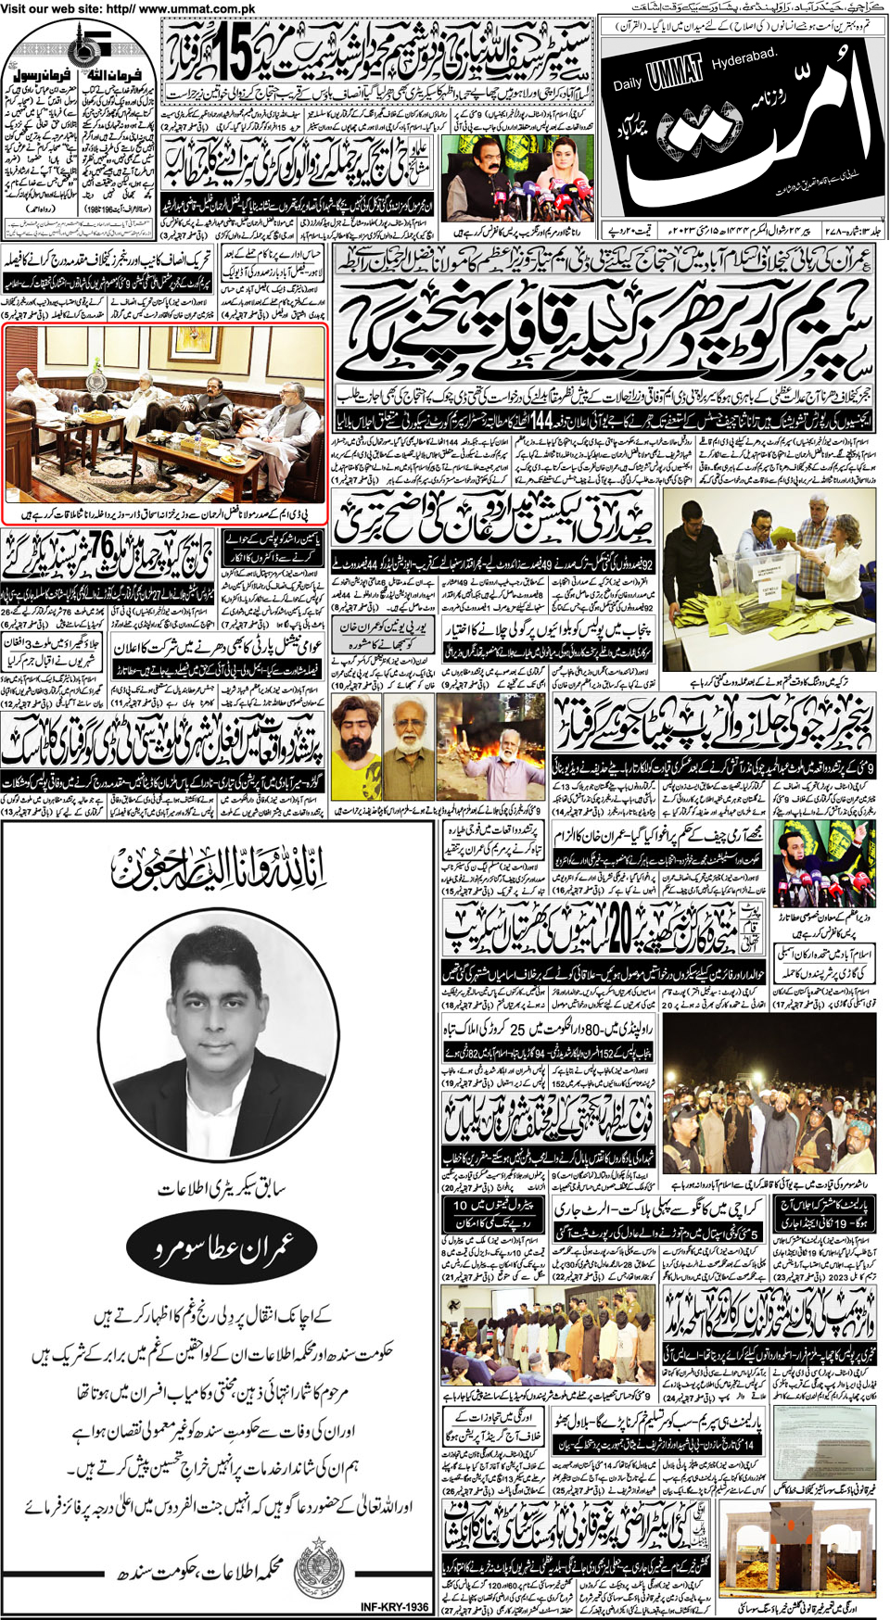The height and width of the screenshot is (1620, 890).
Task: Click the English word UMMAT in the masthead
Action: [677, 77]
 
